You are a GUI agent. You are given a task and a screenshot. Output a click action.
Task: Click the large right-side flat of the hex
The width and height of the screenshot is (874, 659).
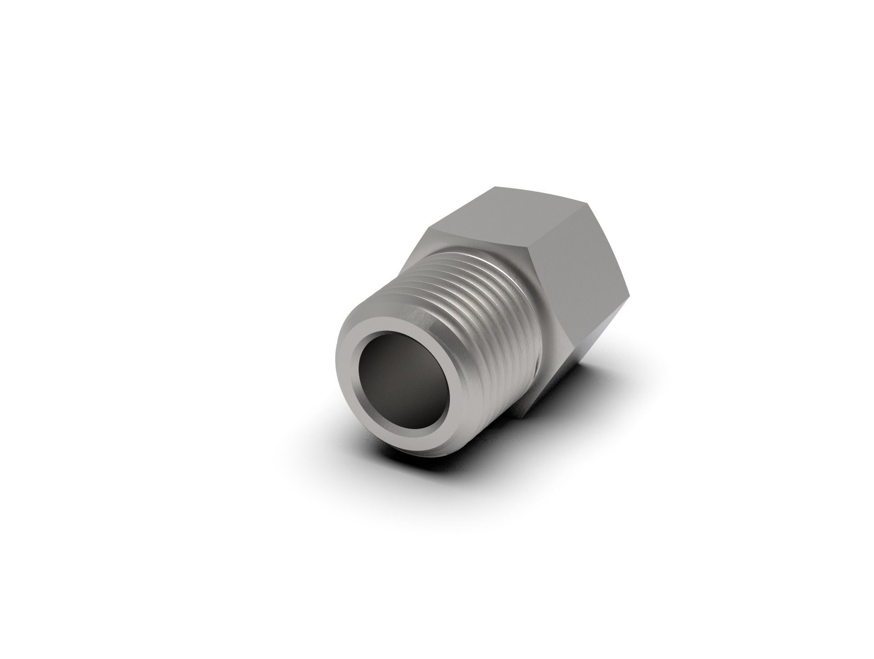point(578,255)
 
